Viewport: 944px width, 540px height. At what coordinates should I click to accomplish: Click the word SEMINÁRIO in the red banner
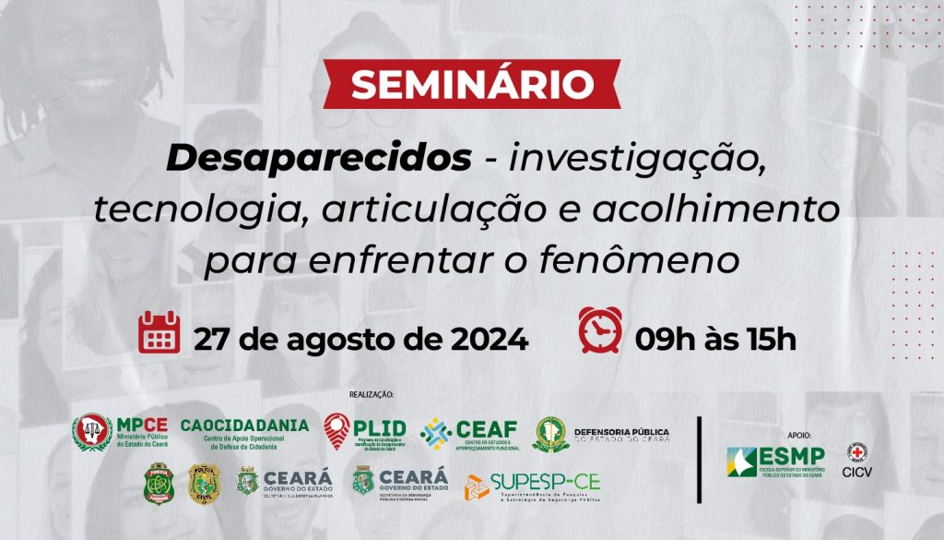pos(471,86)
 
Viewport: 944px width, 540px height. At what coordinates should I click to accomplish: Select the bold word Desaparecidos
pos(317,158)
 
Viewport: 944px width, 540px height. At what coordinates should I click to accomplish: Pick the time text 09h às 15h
pos(714,339)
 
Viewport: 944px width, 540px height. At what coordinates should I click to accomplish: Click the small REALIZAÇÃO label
pos(371,394)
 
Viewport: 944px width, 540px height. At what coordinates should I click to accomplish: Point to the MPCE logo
pos(120,431)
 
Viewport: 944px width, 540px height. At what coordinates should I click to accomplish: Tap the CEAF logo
pos(469,432)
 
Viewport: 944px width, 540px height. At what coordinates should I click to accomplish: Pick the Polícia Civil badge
pos(204,483)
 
